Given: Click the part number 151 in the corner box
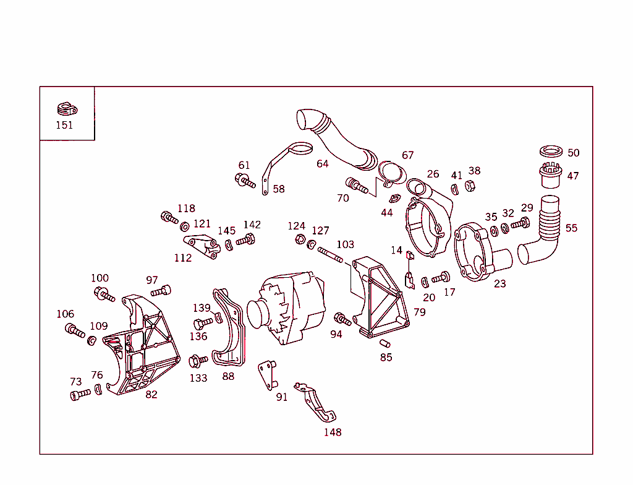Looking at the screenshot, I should pyautogui.click(x=64, y=125).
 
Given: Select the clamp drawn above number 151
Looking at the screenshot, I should pyautogui.click(x=66, y=110).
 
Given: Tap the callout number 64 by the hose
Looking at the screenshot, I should pyautogui.click(x=323, y=164).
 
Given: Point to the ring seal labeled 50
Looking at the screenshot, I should pyautogui.click(x=550, y=152).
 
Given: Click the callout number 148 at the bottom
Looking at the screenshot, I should pyautogui.click(x=333, y=432).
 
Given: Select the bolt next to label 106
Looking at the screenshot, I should pyautogui.click(x=75, y=330).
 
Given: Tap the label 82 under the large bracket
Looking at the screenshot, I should pyautogui.click(x=151, y=394).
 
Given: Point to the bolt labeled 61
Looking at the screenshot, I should pyautogui.click(x=245, y=181).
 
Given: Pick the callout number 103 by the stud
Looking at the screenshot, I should pyautogui.click(x=345, y=245).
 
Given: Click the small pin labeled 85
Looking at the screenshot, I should pyautogui.click(x=385, y=343).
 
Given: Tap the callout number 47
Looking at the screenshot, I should pyautogui.click(x=573, y=176).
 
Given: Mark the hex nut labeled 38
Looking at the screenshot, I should pyautogui.click(x=469, y=185).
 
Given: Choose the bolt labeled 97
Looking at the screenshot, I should pyautogui.click(x=161, y=291).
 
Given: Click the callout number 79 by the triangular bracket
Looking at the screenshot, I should pyautogui.click(x=420, y=312).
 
